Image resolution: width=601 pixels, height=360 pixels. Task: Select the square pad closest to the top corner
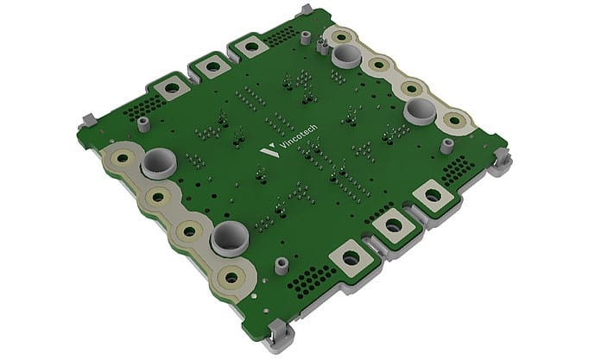click(x=251, y=47)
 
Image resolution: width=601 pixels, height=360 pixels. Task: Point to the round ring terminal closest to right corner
click(x=451, y=119)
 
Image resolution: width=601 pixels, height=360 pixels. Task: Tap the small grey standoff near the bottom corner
click(x=280, y=263)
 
